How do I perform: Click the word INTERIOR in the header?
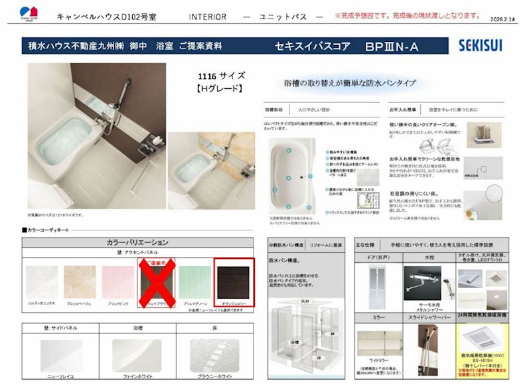[207, 16]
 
